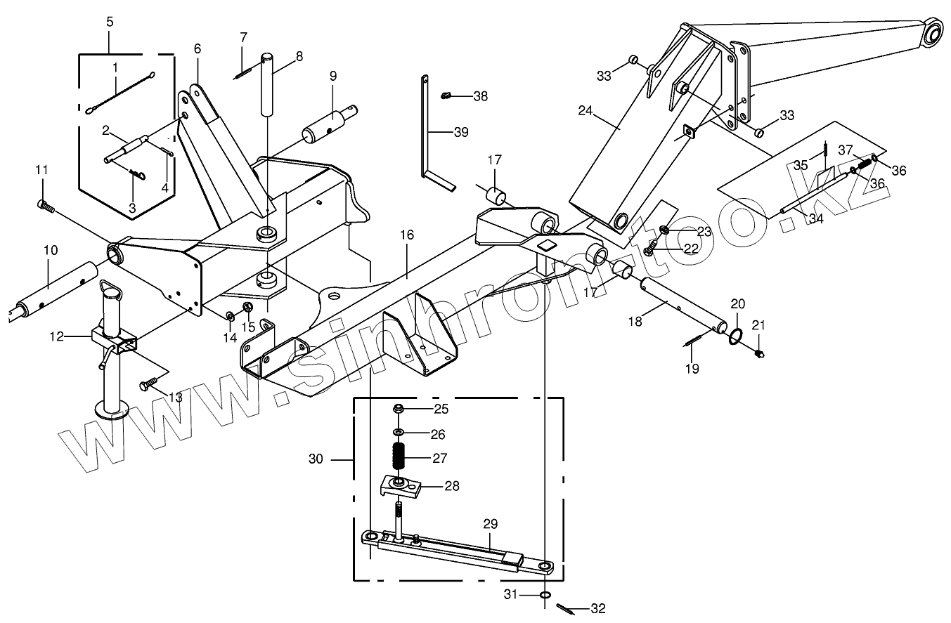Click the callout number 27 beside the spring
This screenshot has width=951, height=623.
coord(440,459)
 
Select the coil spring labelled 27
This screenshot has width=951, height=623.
coord(399,459)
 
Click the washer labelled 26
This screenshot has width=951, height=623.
coord(399,433)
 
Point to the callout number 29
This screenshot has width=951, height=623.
coord(490,523)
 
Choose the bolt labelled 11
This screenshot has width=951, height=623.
coord(44,204)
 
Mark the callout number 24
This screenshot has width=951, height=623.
coord(586,110)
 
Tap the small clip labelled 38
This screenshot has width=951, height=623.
coord(446,96)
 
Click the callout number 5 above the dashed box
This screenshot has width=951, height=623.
coord(110,22)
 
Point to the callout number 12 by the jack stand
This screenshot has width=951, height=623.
coord(58,337)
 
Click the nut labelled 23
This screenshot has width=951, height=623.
coord(666,229)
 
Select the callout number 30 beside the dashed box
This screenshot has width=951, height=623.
coord(316,459)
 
